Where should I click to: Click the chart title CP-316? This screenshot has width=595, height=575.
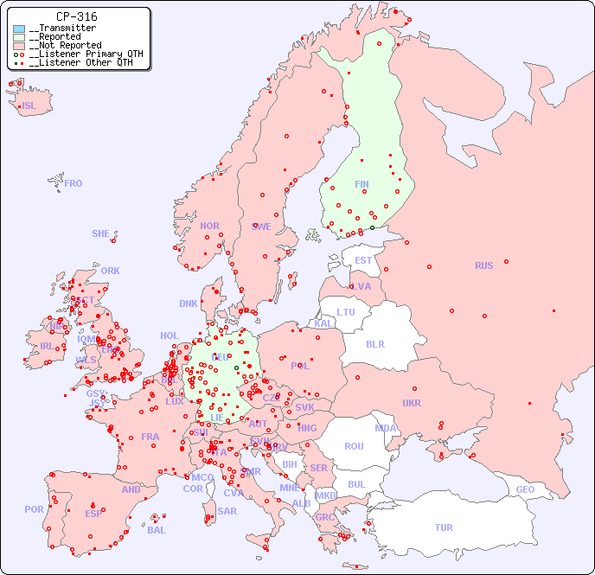(76, 16)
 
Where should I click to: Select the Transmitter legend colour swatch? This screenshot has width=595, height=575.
(19, 29)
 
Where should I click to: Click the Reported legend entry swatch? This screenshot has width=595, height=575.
(19, 37)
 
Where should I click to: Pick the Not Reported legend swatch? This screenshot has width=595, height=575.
(19, 46)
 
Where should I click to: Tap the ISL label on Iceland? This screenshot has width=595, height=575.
(29, 106)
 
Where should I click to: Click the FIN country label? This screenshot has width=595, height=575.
(361, 184)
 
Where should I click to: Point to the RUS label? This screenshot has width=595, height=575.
(483, 265)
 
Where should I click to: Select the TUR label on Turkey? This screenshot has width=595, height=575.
(444, 527)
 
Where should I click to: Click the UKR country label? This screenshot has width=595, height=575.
(412, 403)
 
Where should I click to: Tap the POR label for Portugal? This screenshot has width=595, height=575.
(34, 509)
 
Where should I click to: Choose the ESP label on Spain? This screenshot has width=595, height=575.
(93, 513)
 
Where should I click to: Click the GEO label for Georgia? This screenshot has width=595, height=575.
(525, 489)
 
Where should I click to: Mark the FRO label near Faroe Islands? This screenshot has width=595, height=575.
(74, 183)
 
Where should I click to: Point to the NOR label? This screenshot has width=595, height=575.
(209, 226)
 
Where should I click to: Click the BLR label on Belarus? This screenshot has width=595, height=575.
(374, 343)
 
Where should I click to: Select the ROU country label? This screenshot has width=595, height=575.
(354, 446)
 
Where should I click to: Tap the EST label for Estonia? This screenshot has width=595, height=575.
(363, 260)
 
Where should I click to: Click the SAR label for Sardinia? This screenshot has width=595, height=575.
(227, 511)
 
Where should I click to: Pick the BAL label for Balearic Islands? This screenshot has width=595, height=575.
(157, 530)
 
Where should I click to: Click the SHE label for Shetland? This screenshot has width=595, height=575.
(101, 233)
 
